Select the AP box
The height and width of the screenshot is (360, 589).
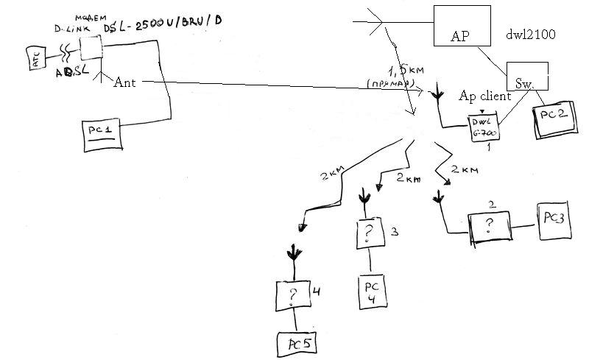click(x=461, y=26)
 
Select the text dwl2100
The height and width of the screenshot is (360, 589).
click(x=530, y=34)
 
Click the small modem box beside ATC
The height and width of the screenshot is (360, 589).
click(x=90, y=48)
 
